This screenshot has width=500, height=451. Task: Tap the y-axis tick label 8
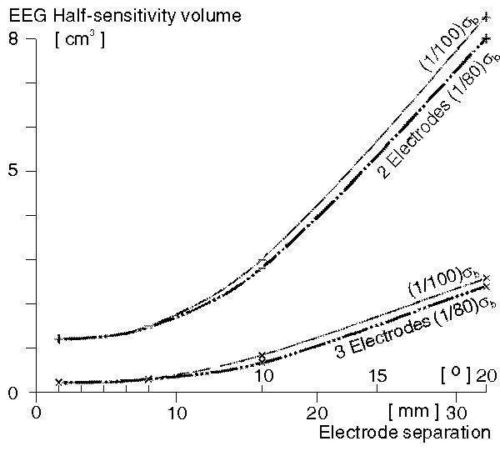[12, 39]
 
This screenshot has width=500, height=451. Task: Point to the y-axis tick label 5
[12, 170]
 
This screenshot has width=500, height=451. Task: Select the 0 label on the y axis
[12, 393]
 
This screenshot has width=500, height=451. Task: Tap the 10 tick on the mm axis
[177, 413]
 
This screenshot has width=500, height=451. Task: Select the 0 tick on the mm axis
[37, 413]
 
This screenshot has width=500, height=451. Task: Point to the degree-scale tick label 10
[263, 377]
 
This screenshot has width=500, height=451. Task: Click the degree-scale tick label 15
[377, 377]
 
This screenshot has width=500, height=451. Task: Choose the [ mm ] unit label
[412, 411]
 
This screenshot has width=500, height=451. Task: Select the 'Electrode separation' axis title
[404, 433]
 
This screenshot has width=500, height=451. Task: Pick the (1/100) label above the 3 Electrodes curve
[442, 282]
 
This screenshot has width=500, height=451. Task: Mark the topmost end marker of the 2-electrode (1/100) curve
[486, 18]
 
